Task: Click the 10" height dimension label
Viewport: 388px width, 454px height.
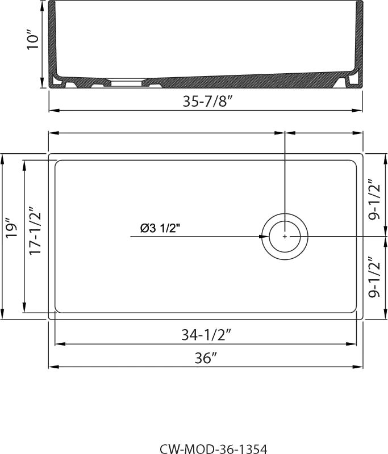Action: (x=34, y=39)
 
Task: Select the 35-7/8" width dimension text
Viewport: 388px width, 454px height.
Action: (x=208, y=101)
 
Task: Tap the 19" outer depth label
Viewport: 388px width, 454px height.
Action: (x=12, y=230)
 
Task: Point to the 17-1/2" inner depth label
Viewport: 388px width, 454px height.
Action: (x=35, y=230)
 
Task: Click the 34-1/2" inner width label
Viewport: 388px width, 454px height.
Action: (x=206, y=335)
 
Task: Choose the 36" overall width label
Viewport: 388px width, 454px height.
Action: (x=206, y=358)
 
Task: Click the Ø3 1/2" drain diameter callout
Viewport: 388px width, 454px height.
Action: (x=160, y=229)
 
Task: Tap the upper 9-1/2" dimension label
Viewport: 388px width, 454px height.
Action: (x=374, y=200)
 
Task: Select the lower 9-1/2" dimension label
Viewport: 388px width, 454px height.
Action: (x=374, y=277)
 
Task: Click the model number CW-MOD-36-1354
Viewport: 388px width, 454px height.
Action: (x=214, y=449)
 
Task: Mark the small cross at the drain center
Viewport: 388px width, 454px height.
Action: (x=285, y=237)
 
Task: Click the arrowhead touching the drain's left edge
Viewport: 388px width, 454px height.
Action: (x=264, y=237)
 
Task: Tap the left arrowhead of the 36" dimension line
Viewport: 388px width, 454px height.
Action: (x=54, y=367)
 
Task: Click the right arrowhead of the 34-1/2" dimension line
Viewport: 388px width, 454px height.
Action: (x=351, y=344)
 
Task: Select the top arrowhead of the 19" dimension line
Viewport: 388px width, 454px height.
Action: (x=3, y=159)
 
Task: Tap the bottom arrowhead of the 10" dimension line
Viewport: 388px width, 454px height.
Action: (x=43, y=83)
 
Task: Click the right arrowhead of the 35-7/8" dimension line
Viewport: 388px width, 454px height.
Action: (x=357, y=110)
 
